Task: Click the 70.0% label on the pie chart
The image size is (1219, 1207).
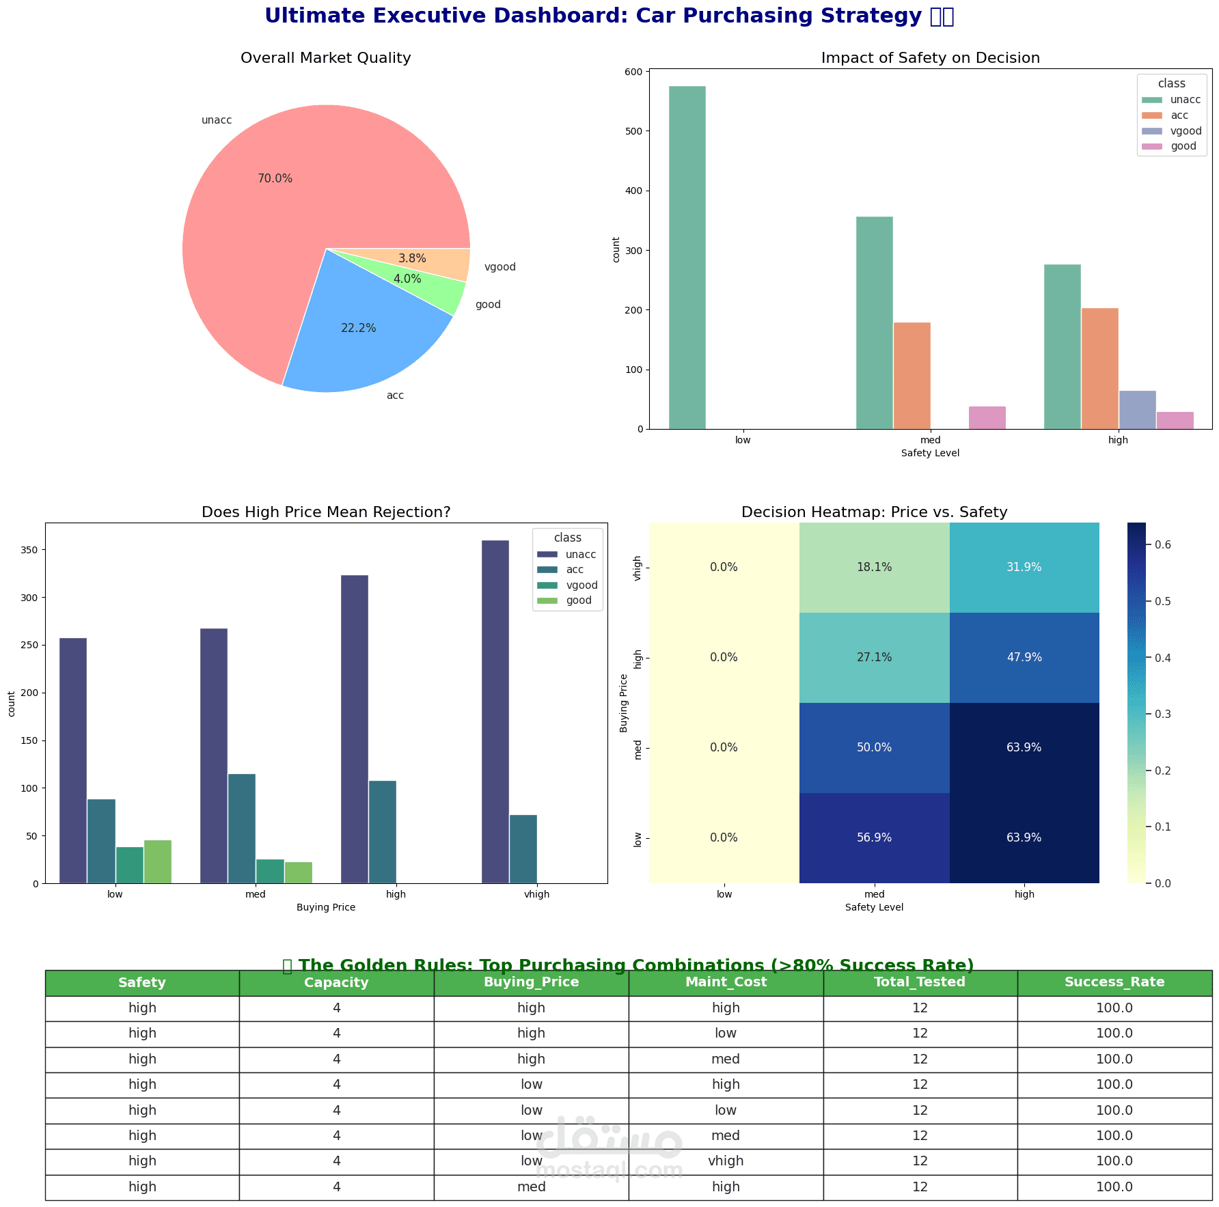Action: [275, 179]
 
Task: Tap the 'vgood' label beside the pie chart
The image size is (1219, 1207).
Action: [499, 267]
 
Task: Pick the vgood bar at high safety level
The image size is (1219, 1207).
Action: [1137, 410]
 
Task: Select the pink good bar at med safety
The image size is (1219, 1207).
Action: [987, 417]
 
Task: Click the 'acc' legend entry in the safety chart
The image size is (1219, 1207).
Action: [1179, 115]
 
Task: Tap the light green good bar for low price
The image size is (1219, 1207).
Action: [157, 861]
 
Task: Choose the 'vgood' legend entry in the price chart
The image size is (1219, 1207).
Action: [581, 585]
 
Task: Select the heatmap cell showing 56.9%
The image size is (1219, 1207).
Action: [874, 837]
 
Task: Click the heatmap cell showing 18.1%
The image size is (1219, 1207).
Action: [874, 567]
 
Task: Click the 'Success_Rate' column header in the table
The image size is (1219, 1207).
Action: [1114, 982]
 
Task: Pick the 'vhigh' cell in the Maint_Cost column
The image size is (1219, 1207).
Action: [726, 1161]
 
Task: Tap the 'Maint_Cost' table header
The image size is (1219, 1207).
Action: [726, 982]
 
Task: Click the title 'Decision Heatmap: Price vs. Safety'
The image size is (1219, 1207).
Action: [874, 512]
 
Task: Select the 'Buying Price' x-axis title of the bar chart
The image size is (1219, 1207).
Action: [326, 907]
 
